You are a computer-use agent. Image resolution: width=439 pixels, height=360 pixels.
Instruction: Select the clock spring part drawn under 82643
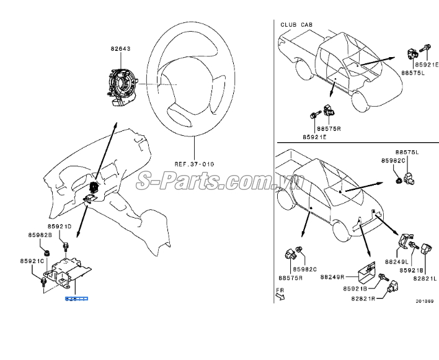(x=122, y=81)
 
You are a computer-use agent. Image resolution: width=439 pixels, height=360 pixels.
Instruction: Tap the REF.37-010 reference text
(x=193, y=164)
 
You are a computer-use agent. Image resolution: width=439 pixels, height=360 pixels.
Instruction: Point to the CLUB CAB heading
(x=296, y=25)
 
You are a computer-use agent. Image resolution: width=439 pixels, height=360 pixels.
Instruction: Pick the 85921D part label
(x=60, y=227)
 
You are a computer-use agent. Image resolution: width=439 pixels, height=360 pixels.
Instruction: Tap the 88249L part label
(x=405, y=263)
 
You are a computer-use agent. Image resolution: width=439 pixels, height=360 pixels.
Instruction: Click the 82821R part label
(x=363, y=299)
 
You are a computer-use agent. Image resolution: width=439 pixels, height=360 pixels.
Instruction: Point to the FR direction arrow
(x=280, y=294)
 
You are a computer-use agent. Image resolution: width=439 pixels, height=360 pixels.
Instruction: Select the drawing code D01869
(x=424, y=302)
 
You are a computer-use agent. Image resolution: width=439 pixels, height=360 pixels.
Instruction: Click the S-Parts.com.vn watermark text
(x=221, y=181)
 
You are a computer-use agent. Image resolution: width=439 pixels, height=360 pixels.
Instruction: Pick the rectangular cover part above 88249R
(x=370, y=268)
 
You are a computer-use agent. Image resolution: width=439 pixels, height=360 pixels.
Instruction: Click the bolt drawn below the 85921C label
(x=43, y=282)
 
